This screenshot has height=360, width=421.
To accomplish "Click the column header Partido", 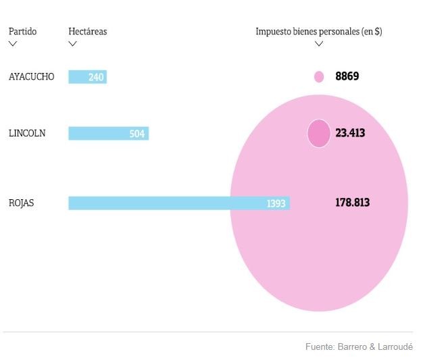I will [x=22, y=32].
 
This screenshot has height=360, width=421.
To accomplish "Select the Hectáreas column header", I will [x=87, y=32].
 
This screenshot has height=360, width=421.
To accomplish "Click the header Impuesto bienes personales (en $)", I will [x=318, y=32].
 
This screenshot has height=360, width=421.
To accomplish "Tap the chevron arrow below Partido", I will [x=13, y=44].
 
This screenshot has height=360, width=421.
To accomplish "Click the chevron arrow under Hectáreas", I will [x=73, y=44].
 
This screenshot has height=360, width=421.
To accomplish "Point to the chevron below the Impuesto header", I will [x=319, y=44].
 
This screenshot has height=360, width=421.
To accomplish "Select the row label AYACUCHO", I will [x=31, y=77].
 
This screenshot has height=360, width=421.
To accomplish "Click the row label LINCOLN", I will [x=27, y=134].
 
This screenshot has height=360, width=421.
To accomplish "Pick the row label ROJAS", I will [x=22, y=203].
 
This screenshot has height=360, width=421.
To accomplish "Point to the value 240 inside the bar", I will [x=96, y=78].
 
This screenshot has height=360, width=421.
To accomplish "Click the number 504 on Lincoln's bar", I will [x=137, y=134].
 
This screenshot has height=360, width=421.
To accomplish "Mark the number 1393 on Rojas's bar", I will [x=276, y=203].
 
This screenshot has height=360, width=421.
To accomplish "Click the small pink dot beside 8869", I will [x=319, y=77].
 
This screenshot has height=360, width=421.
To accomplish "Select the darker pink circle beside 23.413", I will [x=319, y=133].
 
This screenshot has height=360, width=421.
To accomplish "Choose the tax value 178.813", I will [x=352, y=203].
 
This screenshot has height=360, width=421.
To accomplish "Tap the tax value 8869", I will [x=347, y=77].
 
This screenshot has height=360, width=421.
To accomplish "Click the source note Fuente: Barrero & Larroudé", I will [x=359, y=346].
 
